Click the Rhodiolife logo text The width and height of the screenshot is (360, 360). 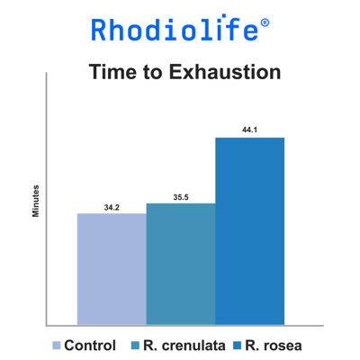coord(175,28)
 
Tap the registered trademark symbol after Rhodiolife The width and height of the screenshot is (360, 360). coord(265,23)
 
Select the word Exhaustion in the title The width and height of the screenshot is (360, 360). coord(225,72)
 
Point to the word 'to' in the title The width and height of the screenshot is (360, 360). coord(153,73)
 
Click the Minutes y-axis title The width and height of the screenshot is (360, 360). coord(36,201)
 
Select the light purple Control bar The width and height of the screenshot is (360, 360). coord(112,269)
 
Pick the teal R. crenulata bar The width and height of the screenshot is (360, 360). coord(181,264)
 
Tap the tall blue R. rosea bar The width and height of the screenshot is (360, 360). coord(250,231)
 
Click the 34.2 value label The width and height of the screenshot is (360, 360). coord(112,208)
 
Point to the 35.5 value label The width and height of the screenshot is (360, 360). coord(181,197)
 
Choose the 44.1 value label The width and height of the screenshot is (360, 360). coord(249,130)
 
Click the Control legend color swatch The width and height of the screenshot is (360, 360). coord(57,346)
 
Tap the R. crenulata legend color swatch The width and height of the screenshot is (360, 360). coord(135,346)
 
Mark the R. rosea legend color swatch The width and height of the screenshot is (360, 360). coord(238,346)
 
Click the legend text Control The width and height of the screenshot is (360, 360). coord(90,346)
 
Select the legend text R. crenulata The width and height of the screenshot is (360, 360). coord(184,346)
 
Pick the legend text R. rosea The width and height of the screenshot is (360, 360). coord(274,346)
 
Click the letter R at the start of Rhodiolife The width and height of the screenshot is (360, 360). coord(98,30)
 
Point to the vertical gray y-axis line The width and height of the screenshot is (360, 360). coord(46,199)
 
